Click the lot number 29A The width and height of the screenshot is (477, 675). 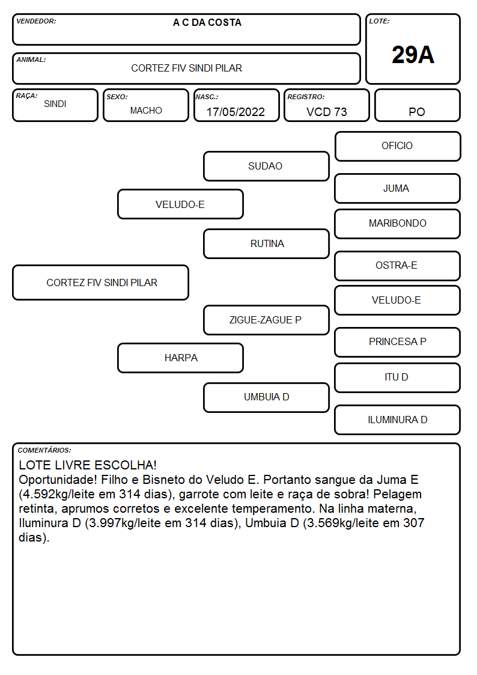tap(413, 55)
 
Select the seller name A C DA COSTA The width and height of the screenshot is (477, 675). tap(207, 22)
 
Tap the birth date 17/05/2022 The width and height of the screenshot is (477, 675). tap(235, 112)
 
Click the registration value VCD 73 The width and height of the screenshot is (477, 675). tap(326, 112)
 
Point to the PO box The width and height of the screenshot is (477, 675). tap(417, 105)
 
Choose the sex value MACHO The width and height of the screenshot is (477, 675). tap(146, 111)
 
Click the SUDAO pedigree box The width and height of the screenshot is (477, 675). tap(266, 166)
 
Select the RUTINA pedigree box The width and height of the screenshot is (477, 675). tap(266, 243)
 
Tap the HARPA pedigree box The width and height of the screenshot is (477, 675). tap(181, 358)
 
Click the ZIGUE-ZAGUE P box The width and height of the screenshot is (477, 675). tap(266, 320)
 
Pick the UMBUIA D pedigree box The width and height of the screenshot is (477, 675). tap(266, 397)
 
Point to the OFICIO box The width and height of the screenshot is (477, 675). tap(398, 147)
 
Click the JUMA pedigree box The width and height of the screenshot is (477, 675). tap(398, 188)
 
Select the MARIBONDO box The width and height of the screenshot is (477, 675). tap(398, 224)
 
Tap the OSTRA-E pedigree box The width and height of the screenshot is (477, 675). tap(398, 266)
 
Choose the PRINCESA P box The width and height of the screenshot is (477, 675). tap(398, 342)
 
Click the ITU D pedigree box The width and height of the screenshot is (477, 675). tap(398, 377)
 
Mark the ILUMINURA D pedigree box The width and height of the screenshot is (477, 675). tap(398, 420)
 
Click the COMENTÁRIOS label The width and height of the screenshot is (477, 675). tap(44, 450)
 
